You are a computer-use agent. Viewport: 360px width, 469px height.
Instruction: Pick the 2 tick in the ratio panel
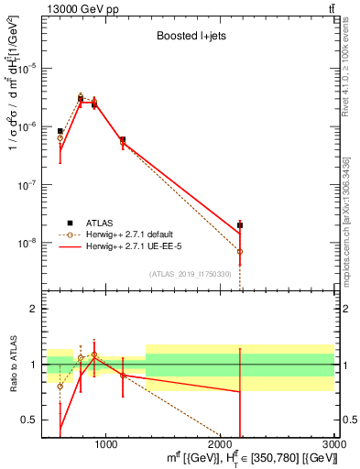point(33,309)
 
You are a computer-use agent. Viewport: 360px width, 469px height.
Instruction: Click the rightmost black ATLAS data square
point(240,224)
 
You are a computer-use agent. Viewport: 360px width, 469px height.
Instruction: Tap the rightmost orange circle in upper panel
point(240,251)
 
